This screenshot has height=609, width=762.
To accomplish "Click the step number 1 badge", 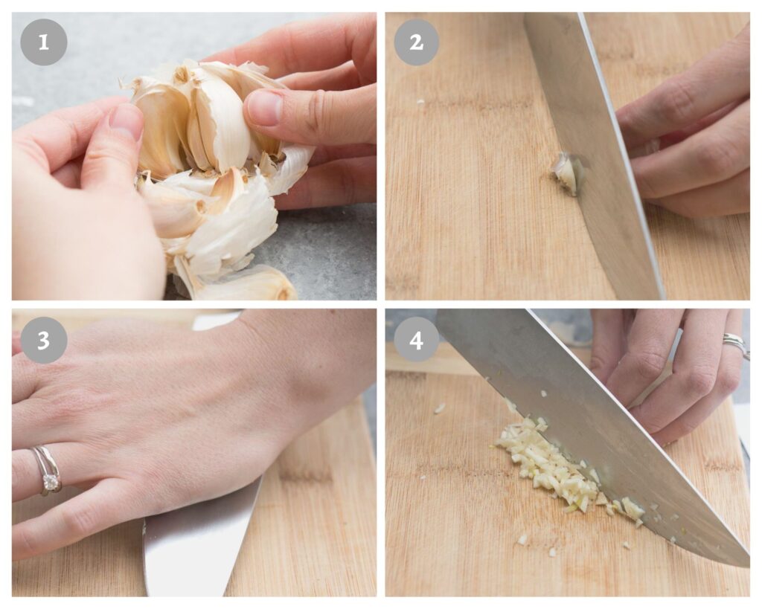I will coord(43,42).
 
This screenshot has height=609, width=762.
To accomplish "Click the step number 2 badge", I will coord(416,42).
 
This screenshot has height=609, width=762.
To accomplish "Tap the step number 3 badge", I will coord(43,341).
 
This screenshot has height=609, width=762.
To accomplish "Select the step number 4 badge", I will coord(416,341).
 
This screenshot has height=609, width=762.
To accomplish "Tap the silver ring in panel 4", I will coord(735,344).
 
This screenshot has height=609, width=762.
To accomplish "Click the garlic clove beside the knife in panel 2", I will coord(566,173).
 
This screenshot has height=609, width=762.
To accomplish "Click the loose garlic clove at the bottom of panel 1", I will coord(253,286).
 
